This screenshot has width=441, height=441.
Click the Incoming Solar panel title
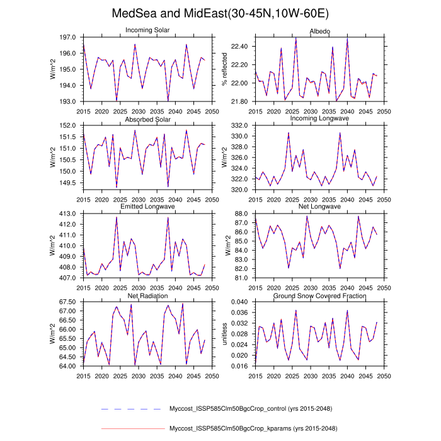(x=147, y=31)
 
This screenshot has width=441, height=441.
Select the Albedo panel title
(x=319, y=31)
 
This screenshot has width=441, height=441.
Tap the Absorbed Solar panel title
(x=147, y=119)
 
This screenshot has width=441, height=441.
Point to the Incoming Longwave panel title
(x=319, y=119)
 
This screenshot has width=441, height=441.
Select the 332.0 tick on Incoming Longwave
(x=241, y=125)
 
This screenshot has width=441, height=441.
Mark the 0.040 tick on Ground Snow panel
(x=240, y=302)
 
